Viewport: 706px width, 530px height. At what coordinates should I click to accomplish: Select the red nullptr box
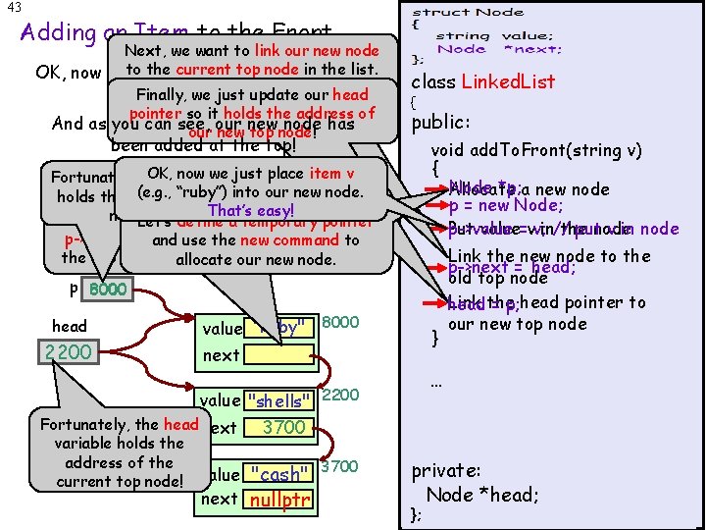[280, 501]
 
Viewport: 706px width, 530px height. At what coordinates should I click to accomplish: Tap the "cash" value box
[280, 473]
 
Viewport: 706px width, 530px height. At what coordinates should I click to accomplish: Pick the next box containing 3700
[284, 427]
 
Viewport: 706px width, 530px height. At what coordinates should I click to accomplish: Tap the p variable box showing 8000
[103, 291]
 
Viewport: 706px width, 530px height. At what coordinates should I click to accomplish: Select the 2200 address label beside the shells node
[340, 395]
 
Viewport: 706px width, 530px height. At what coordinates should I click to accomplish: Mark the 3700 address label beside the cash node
[340, 466]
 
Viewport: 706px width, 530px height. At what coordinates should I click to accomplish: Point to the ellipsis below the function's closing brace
[436, 386]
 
